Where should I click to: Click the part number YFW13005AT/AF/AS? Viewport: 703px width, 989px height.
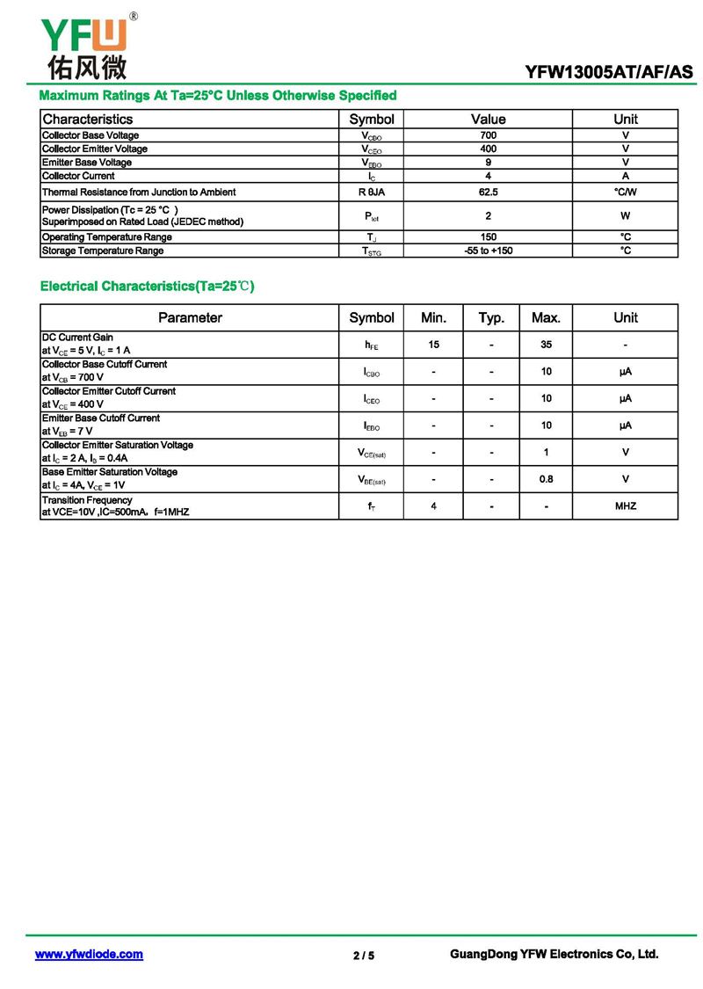(x=609, y=72)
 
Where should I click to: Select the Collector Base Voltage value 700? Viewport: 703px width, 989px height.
(x=488, y=135)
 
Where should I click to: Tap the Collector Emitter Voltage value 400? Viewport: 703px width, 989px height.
(x=488, y=149)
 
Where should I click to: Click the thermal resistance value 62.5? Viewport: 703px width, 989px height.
(x=488, y=192)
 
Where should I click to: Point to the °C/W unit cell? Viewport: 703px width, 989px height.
(x=625, y=192)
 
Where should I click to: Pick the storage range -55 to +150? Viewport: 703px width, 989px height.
(x=488, y=251)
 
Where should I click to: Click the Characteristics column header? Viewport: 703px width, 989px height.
(x=88, y=119)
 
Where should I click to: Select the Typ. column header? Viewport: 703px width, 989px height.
(x=491, y=317)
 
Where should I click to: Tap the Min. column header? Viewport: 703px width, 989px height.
(x=433, y=317)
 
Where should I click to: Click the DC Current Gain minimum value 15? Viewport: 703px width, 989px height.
(x=433, y=345)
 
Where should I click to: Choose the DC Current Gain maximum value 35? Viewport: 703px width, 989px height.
(x=546, y=345)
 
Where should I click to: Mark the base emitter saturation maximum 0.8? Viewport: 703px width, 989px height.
(x=546, y=479)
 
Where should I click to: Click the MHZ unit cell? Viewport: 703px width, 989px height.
(x=625, y=506)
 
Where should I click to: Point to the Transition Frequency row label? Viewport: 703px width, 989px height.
(x=87, y=500)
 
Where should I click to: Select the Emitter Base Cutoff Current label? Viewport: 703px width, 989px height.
(x=101, y=418)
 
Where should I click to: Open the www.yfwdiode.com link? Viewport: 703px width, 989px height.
(x=89, y=954)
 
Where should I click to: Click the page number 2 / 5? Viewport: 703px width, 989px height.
(x=363, y=956)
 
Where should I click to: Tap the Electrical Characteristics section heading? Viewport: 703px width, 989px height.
(x=147, y=287)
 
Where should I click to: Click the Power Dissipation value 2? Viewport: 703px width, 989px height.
(x=488, y=215)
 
